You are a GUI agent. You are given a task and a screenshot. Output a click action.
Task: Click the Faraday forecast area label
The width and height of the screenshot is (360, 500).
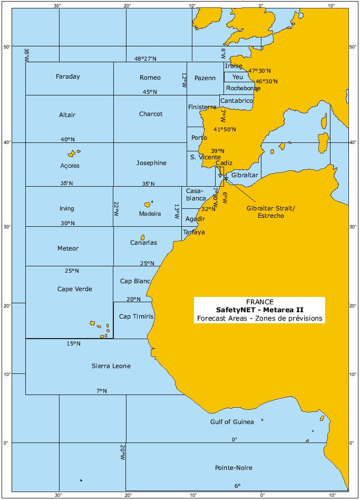[x=68, y=77]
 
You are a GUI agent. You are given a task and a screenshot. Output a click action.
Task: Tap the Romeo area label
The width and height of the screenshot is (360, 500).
[x=150, y=78]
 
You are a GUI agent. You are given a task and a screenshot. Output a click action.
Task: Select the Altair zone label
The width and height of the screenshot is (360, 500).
[x=68, y=115]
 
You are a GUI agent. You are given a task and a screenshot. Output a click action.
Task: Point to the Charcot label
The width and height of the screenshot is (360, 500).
[x=151, y=114]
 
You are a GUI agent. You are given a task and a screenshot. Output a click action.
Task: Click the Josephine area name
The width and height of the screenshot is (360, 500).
[x=151, y=163]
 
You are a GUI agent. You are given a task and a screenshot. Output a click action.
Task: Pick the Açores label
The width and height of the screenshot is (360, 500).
[x=70, y=166]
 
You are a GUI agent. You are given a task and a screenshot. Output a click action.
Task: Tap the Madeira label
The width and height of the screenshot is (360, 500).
[x=150, y=214]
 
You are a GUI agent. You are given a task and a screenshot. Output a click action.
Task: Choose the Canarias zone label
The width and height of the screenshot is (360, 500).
[x=144, y=243]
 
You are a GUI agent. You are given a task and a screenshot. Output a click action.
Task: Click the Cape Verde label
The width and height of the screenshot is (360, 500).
[x=75, y=289]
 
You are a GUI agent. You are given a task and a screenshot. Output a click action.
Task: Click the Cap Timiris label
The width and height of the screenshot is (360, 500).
[x=136, y=316]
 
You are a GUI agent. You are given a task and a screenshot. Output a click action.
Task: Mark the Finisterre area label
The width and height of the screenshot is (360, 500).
[x=202, y=107]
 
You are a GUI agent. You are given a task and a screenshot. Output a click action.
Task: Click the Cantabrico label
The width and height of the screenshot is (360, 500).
[x=237, y=100]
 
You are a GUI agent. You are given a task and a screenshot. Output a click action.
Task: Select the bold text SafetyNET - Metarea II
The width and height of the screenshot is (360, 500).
[x=259, y=310]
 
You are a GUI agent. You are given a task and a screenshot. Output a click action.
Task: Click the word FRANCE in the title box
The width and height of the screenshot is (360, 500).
[x=259, y=302]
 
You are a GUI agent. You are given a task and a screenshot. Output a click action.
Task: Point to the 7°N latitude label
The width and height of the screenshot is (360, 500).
[x=101, y=391]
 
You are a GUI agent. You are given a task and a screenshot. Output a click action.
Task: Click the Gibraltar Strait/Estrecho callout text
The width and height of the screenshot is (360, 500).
[x=271, y=213]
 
